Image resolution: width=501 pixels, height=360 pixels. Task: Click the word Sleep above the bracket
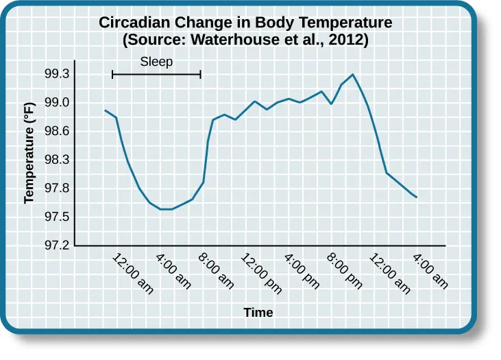(156, 62)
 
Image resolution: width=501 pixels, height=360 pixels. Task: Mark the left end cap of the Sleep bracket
(112, 74)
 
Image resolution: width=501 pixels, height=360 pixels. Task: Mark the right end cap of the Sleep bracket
(201, 74)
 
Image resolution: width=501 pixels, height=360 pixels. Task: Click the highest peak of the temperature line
(352, 74)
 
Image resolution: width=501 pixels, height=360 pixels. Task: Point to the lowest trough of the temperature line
(166, 209)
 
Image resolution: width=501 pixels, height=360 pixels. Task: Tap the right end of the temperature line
(417, 197)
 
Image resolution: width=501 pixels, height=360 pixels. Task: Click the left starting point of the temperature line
(105, 110)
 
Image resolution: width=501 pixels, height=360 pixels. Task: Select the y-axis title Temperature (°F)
(29, 159)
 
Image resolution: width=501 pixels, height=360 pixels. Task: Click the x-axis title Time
(258, 313)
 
